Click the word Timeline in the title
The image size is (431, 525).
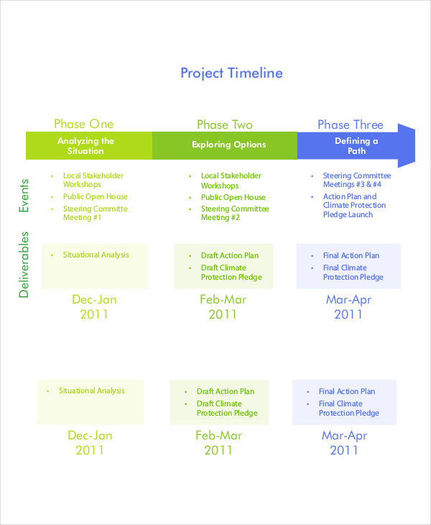point(255,73)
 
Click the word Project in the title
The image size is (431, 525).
point(202,73)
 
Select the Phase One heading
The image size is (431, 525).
point(83,124)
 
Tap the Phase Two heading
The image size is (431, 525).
point(225,125)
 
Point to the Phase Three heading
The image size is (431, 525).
point(351,125)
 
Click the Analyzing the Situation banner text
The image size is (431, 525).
point(85,146)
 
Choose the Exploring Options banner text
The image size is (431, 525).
point(228,145)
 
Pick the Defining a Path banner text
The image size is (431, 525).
point(356,146)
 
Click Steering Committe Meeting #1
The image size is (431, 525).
point(95,213)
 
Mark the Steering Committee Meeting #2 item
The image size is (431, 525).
point(235,213)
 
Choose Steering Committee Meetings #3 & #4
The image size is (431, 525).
point(357,180)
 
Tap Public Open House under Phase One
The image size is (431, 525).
point(95,197)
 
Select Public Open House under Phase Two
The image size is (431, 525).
point(233,197)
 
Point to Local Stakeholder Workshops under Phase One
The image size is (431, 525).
point(93,180)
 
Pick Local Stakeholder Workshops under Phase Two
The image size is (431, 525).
point(231,180)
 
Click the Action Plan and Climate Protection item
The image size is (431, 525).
point(354,205)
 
